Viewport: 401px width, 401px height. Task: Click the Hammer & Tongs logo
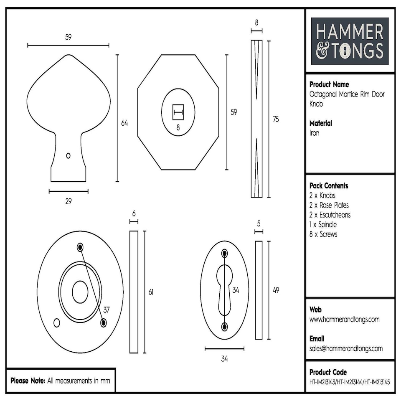click(x=350, y=41)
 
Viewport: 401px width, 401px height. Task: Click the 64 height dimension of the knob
click(x=124, y=123)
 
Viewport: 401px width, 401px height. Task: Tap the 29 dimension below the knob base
click(x=69, y=201)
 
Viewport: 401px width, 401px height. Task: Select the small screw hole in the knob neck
click(x=69, y=155)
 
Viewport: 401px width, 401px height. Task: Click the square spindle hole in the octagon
click(x=178, y=112)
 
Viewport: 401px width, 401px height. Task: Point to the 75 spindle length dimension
click(x=275, y=119)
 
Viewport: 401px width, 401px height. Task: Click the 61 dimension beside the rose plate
click(x=151, y=292)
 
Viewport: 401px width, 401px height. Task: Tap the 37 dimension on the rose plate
click(x=107, y=310)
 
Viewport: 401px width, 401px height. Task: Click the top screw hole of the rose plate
click(x=80, y=246)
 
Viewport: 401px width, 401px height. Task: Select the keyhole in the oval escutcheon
click(x=224, y=288)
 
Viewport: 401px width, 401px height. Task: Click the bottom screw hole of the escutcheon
click(x=225, y=326)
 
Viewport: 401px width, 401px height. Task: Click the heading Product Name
click(x=329, y=84)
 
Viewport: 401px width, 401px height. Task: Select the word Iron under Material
click(x=314, y=133)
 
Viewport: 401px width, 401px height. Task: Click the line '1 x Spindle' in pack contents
click(x=323, y=225)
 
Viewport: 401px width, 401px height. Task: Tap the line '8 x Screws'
click(x=323, y=234)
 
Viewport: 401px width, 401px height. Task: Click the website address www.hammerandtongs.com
click(x=344, y=320)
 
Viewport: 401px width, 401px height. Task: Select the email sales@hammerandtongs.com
click(x=346, y=348)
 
